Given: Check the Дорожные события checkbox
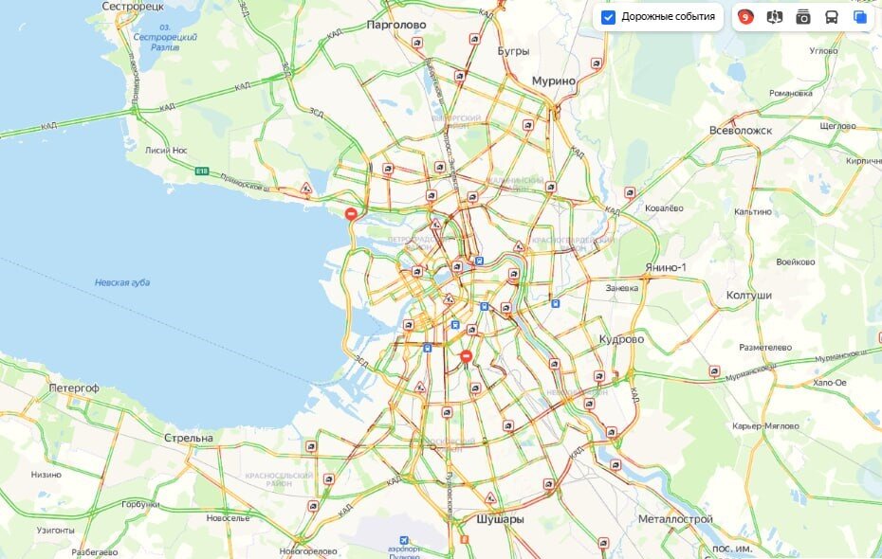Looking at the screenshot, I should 609,17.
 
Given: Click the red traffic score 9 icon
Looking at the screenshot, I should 746,17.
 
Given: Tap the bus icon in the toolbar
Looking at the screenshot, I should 831,17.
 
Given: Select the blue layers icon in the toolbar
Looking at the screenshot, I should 859,17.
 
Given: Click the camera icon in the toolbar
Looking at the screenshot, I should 803,17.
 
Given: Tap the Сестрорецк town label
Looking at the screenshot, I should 133,6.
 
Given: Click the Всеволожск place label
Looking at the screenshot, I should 741,130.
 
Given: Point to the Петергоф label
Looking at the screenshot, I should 75,388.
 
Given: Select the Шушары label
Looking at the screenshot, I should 499,519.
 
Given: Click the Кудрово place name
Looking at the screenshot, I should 621,339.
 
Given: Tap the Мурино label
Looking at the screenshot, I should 554,81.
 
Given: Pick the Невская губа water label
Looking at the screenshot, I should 122,282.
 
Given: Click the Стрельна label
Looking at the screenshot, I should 189,438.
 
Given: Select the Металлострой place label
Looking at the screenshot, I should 675,519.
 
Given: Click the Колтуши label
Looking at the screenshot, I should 748,296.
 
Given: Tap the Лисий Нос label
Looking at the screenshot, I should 167,150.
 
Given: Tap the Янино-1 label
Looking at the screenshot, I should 665,268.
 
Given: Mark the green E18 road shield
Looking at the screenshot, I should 201,171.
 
